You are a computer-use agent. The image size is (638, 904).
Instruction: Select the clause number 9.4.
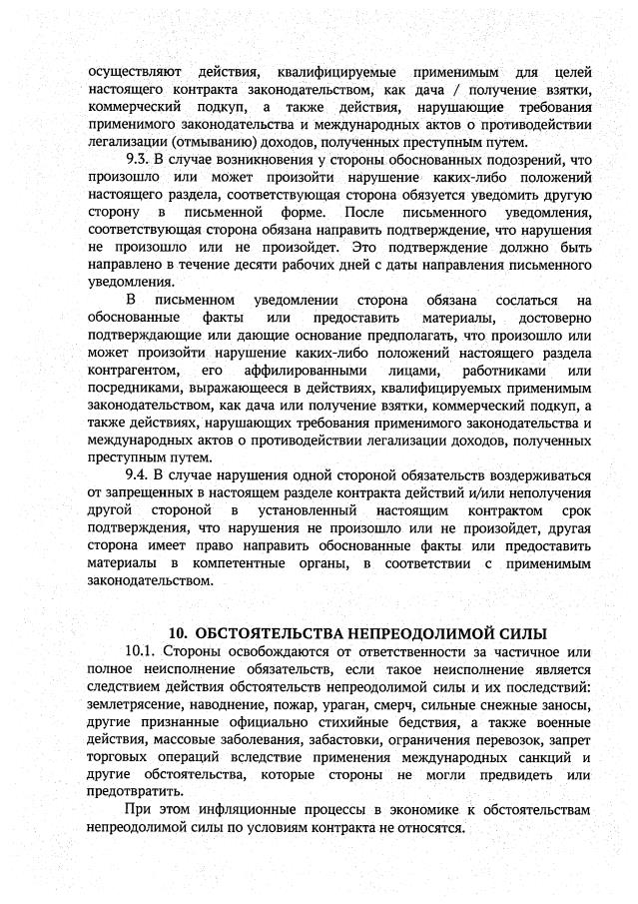pyautogui.click(x=138, y=474)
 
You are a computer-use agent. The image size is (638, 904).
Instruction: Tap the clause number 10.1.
pyautogui.click(x=141, y=652)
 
